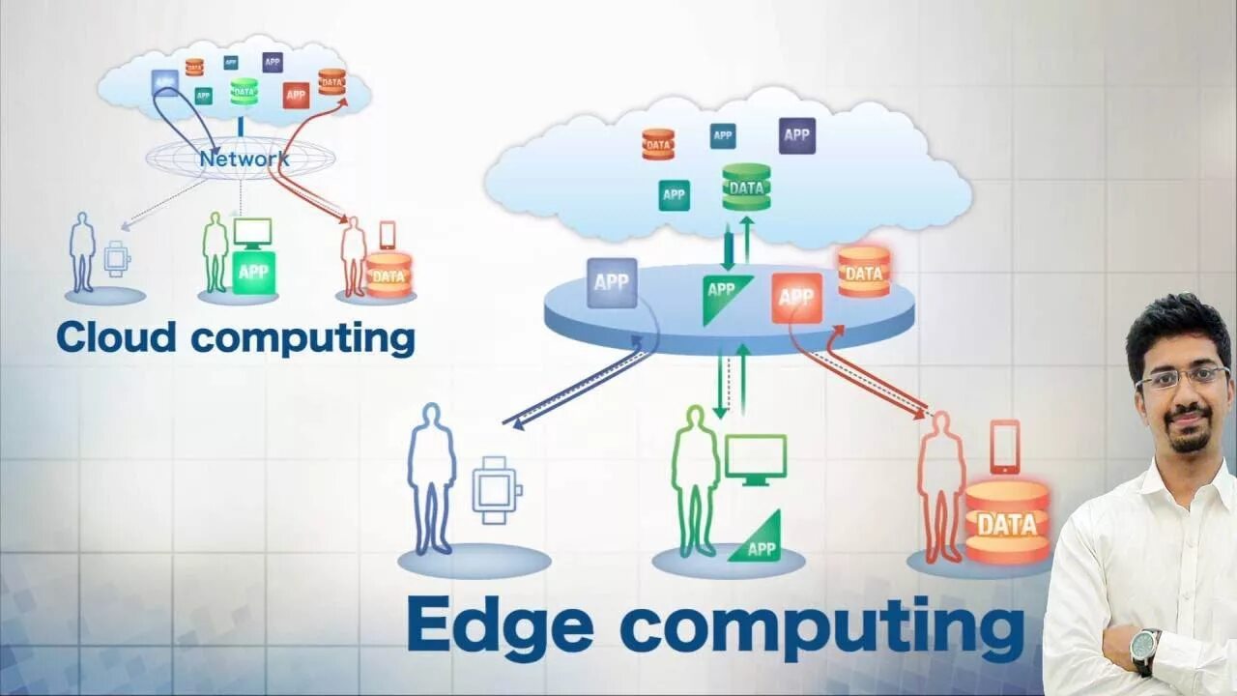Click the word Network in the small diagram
tap(244, 159)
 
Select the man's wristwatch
tap(1145, 647)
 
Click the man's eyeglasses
tap(1182, 377)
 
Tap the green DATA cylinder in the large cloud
tap(746, 188)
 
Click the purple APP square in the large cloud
tap(796, 135)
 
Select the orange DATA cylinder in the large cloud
tap(658, 144)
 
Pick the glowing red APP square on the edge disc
tap(796, 297)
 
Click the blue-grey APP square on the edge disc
tap(612, 282)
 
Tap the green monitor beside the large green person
tap(755, 456)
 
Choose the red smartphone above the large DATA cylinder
tap(1004, 446)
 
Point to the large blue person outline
tap(431, 478)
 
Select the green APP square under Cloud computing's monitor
tap(253, 272)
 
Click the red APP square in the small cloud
tap(296, 95)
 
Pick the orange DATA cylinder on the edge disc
tap(863, 271)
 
